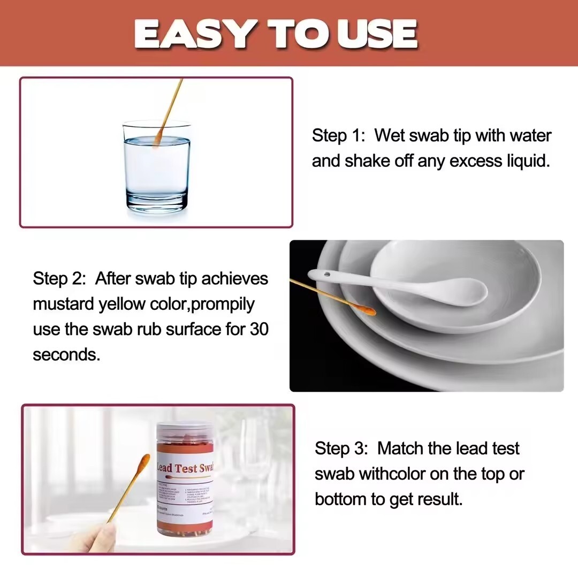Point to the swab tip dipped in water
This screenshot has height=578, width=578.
point(158,140)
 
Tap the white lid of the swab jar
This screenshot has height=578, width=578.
point(185,431)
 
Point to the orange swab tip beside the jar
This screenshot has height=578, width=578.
point(143,463)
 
